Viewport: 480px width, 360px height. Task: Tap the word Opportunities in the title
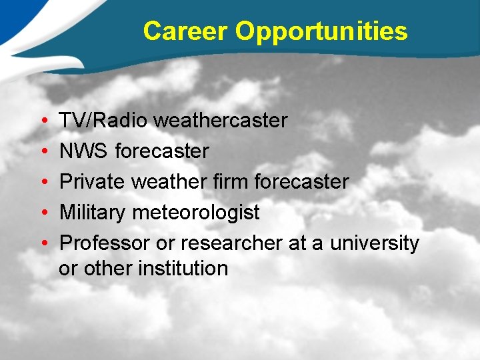[321, 31]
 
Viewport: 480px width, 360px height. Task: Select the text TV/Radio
[103, 121]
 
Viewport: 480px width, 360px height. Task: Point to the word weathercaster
[221, 121]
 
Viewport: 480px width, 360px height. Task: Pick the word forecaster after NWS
[162, 151]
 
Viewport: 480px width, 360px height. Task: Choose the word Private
[93, 182]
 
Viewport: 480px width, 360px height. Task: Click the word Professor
[105, 243]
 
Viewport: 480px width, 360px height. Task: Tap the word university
[375, 243]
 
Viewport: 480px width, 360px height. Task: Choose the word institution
[183, 269]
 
